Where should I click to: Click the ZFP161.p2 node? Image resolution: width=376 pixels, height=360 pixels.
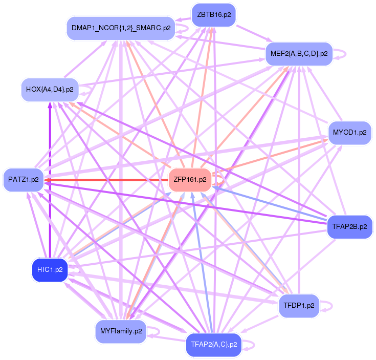pos(190,180)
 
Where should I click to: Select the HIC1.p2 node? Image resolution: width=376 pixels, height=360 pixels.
pos(50,269)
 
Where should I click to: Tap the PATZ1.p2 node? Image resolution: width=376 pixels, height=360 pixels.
pos(24,180)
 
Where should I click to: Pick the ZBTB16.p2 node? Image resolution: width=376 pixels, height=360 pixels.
pos(214,15)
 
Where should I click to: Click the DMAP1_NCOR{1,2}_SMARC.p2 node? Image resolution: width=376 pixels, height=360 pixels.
pos(121,28)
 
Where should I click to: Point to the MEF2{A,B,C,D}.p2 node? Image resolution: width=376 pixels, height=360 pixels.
pos(299,53)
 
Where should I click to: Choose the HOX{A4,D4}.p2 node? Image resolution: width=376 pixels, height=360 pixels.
pos(50,89)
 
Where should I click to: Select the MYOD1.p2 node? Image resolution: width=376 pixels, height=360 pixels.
pos(349,132)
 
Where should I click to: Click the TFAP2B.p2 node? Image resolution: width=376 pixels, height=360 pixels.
pos(349,226)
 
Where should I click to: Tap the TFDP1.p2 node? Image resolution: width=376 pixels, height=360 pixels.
pos(299,306)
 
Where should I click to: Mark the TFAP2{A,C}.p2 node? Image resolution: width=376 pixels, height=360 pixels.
pos(213,344)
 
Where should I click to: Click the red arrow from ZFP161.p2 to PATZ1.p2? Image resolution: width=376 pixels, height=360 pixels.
pos(107,180)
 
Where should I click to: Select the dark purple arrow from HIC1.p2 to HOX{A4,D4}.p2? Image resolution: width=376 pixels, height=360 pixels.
pos(50,179)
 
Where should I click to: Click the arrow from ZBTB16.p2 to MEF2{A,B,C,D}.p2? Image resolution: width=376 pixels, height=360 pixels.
pos(251,34)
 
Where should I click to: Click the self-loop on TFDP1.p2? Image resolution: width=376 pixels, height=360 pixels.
pos(330,306)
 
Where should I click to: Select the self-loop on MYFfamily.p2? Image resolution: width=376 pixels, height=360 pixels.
pos(157,331)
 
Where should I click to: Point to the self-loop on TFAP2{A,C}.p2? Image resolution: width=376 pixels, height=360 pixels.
pos(250,344)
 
